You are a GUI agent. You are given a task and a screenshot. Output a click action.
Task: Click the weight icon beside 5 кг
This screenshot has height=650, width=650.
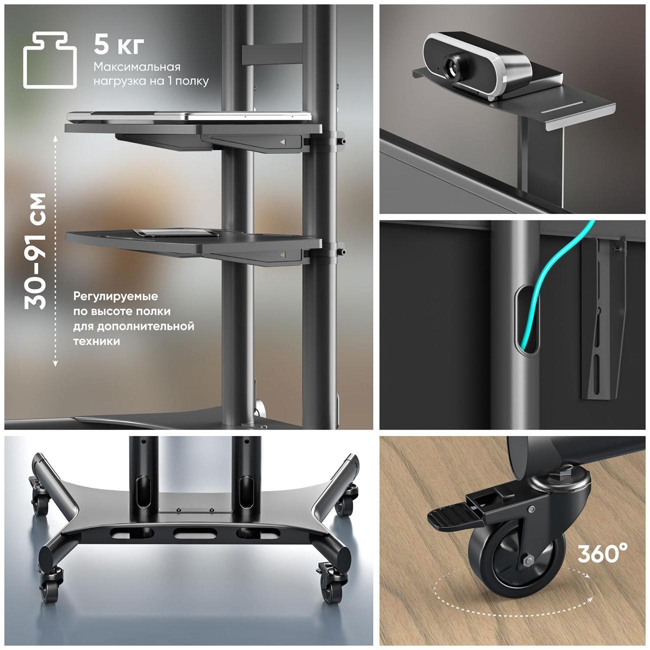(50, 60)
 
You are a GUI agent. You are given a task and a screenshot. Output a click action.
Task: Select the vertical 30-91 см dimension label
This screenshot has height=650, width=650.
(35, 251)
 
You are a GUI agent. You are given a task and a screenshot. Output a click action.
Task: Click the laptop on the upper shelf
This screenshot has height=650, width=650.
(189, 116)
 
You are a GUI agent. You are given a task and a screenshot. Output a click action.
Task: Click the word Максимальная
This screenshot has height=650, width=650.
(137, 67)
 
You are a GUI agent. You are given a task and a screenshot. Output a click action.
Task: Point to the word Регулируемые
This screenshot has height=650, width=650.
(115, 296)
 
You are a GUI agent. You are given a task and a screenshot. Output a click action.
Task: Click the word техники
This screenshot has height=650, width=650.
(96, 341)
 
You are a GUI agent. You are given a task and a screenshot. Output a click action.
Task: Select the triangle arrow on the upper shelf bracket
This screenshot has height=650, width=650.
(282, 142)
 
